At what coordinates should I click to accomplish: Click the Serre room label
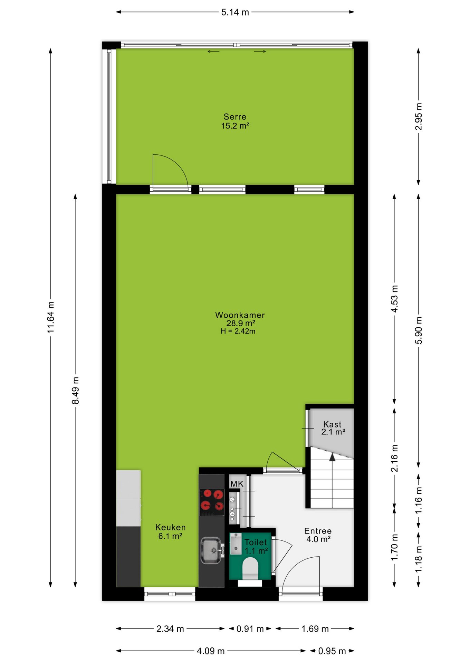click(235, 117)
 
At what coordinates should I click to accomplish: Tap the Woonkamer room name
click(240, 315)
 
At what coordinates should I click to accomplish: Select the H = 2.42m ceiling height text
click(238, 331)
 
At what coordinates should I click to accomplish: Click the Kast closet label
click(332, 424)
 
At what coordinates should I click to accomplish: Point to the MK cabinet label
click(237, 484)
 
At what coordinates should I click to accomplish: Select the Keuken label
click(170, 527)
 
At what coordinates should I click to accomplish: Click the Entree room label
click(318, 531)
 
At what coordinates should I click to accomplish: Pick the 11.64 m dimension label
click(51, 317)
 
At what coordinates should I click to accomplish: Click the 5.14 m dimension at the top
click(235, 12)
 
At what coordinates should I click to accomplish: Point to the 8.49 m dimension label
click(75, 390)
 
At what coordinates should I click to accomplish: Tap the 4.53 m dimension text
click(394, 299)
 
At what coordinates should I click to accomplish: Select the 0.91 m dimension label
click(250, 629)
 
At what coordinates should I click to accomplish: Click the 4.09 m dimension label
click(211, 651)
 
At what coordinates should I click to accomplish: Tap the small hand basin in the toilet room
click(236, 544)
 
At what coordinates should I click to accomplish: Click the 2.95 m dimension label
click(419, 116)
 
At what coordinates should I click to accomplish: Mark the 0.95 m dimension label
click(332, 651)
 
